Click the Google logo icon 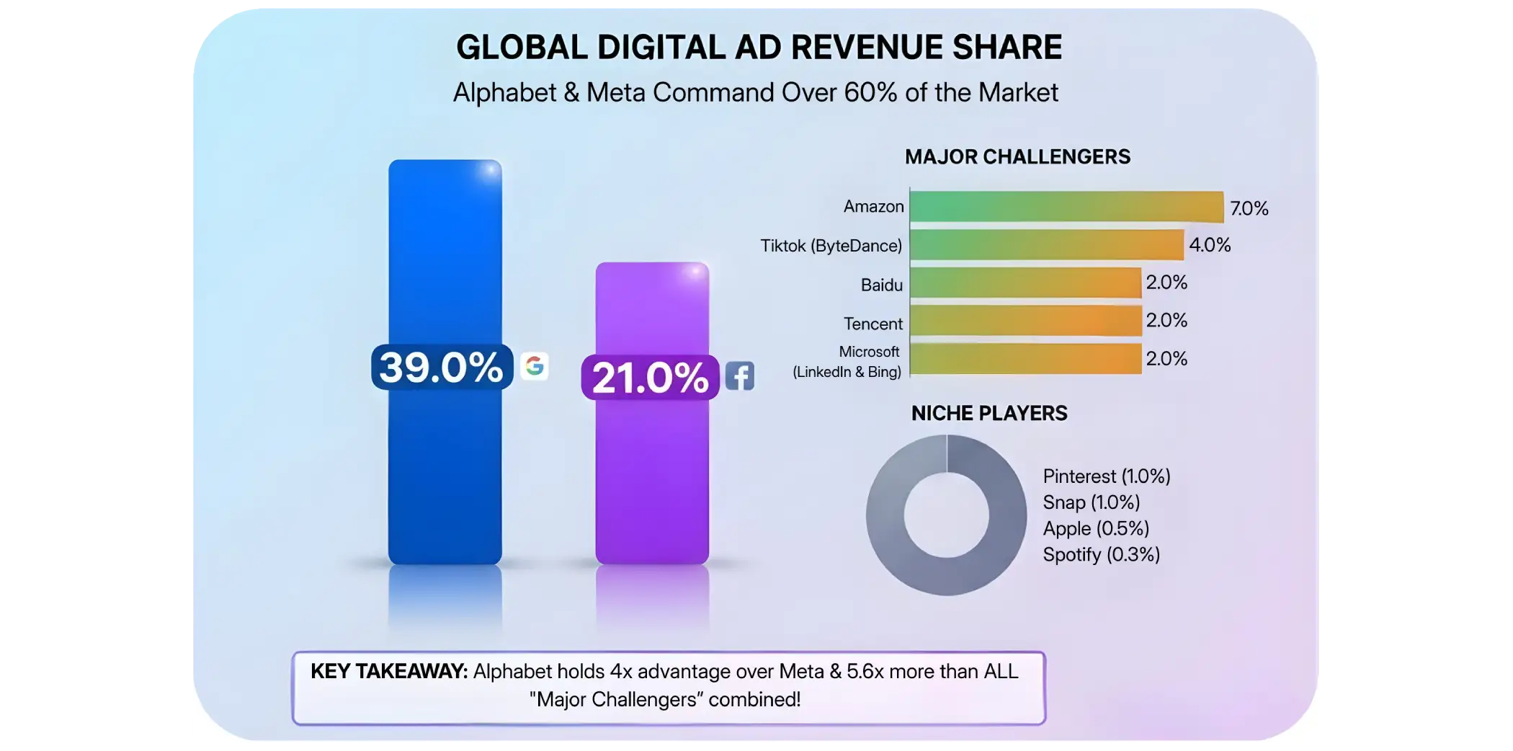534,366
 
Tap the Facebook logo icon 740,376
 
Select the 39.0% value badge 441,367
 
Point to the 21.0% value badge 650,377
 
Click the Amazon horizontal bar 1066,207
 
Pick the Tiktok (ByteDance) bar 1046,245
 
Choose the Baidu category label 881,285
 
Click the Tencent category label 872,324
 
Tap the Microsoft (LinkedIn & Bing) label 847,362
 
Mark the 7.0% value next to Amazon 1249,208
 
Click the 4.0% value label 1210,245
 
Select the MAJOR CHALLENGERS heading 1017,157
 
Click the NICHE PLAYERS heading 989,413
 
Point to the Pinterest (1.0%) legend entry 1106,476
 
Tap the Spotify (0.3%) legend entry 1101,554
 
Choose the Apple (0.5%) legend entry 1096,528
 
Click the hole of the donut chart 946,515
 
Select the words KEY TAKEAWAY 389,671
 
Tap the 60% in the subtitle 870,93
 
